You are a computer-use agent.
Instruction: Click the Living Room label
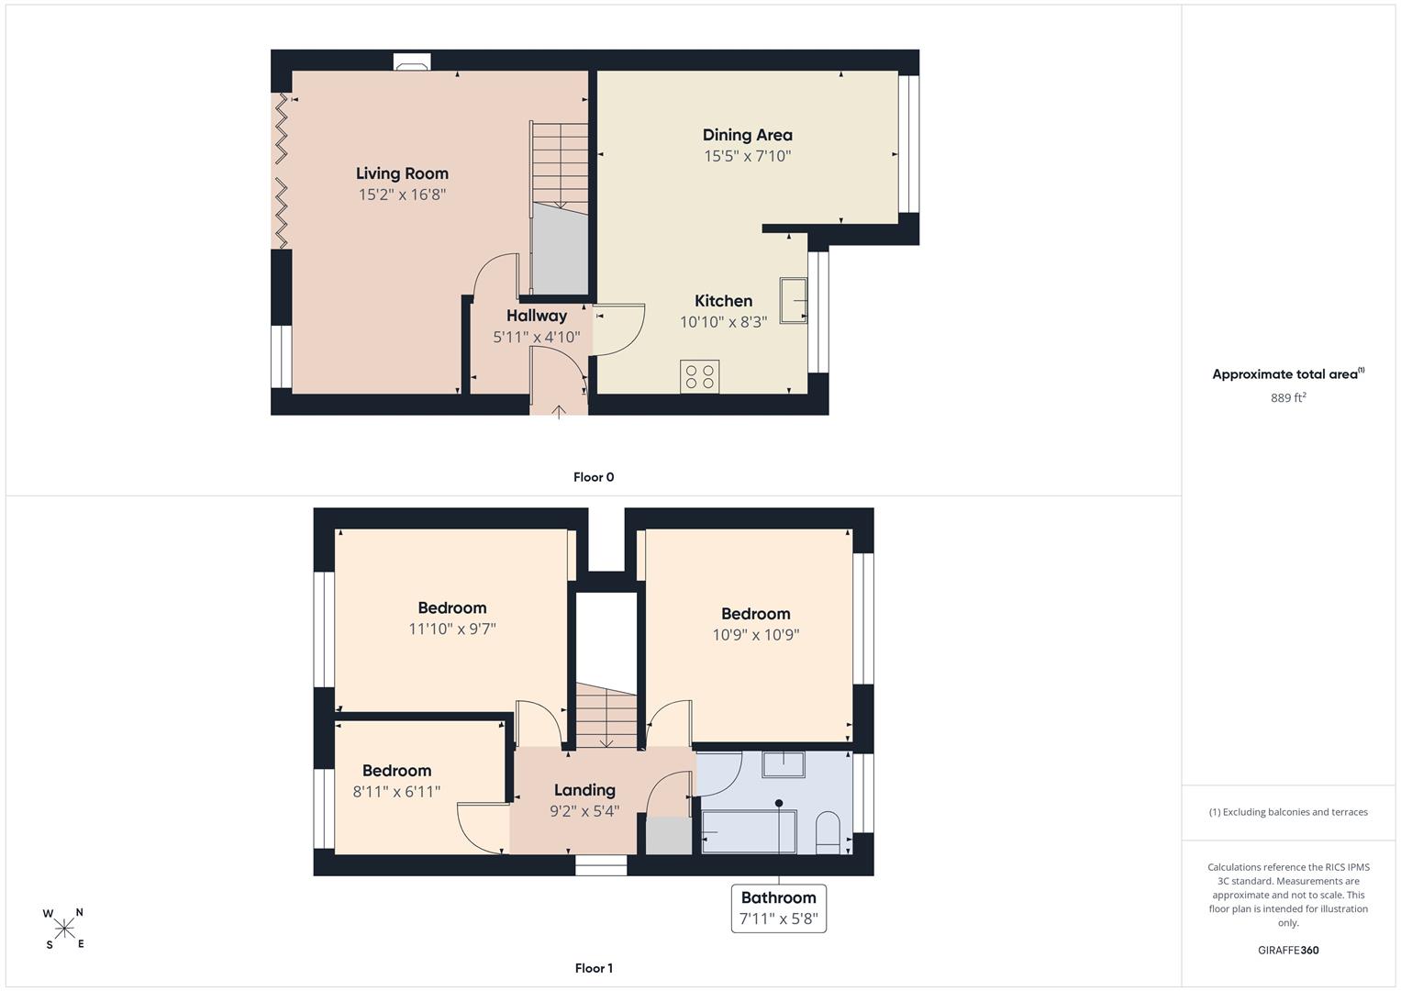pyautogui.click(x=402, y=173)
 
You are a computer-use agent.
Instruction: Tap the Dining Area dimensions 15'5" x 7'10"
pyautogui.click(x=748, y=156)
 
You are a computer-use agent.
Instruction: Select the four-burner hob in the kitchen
pyautogui.click(x=699, y=376)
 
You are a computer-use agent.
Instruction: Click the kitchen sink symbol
pyautogui.click(x=793, y=300)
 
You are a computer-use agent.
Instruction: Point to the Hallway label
pyautogui.click(x=537, y=316)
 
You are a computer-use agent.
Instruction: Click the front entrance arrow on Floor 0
pyautogui.click(x=559, y=412)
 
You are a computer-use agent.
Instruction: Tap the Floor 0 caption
pyautogui.click(x=594, y=477)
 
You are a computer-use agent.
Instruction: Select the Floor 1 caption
pyautogui.click(x=594, y=968)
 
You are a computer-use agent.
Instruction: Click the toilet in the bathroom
pyautogui.click(x=828, y=833)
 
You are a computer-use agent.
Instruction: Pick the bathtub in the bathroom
pyautogui.click(x=749, y=831)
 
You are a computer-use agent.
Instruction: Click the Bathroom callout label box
pyautogui.click(x=779, y=908)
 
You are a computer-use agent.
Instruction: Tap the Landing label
pyautogui.click(x=584, y=790)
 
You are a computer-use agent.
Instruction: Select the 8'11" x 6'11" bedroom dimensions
pyautogui.click(x=396, y=791)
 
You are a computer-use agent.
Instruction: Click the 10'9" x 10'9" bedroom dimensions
pyautogui.click(x=755, y=634)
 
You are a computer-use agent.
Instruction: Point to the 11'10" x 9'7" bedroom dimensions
pyautogui.click(x=452, y=629)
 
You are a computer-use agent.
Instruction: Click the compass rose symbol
pyautogui.click(x=64, y=929)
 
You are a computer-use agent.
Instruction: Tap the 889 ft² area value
pyautogui.click(x=1288, y=397)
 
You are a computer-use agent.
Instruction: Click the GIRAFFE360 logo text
pyautogui.click(x=1288, y=950)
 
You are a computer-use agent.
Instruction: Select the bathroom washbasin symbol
pyautogui.click(x=783, y=764)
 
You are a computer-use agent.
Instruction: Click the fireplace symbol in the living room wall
pyautogui.click(x=412, y=61)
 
